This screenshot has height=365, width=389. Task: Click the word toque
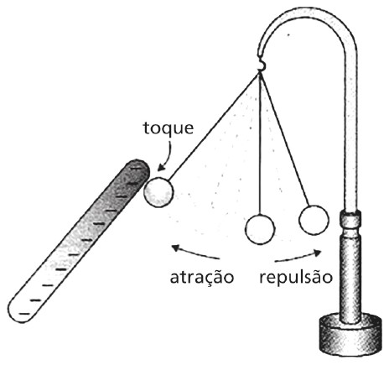pyautogui.click(x=169, y=128)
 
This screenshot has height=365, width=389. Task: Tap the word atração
pyautogui.click(x=201, y=277)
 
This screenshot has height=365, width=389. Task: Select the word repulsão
pyautogui.click(x=296, y=277)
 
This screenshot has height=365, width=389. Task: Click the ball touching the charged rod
pyautogui.click(x=158, y=192)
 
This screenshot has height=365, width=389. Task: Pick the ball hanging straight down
pyautogui.click(x=260, y=229)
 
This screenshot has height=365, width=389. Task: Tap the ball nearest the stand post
pyautogui.click(x=314, y=220)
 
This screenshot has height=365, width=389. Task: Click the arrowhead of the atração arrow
pyautogui.click(x=175, y=248)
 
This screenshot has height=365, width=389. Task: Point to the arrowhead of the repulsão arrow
pyautogui.click(x=317, y=253)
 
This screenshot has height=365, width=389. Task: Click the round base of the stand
pyautogui.click(x=350, y=335)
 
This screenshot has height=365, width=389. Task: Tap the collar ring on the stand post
pyautogui.click(x=350, y=220)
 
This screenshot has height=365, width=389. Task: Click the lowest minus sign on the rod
pyautogui.click(x=24, y=314)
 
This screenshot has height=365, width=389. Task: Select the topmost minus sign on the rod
pyautogui.click(x=137, y=168)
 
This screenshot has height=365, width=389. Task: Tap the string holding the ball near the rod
pyautogui.click(x=214, y=127)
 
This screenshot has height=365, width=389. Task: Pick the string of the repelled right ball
pyautogui.click(x=284, y=139)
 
